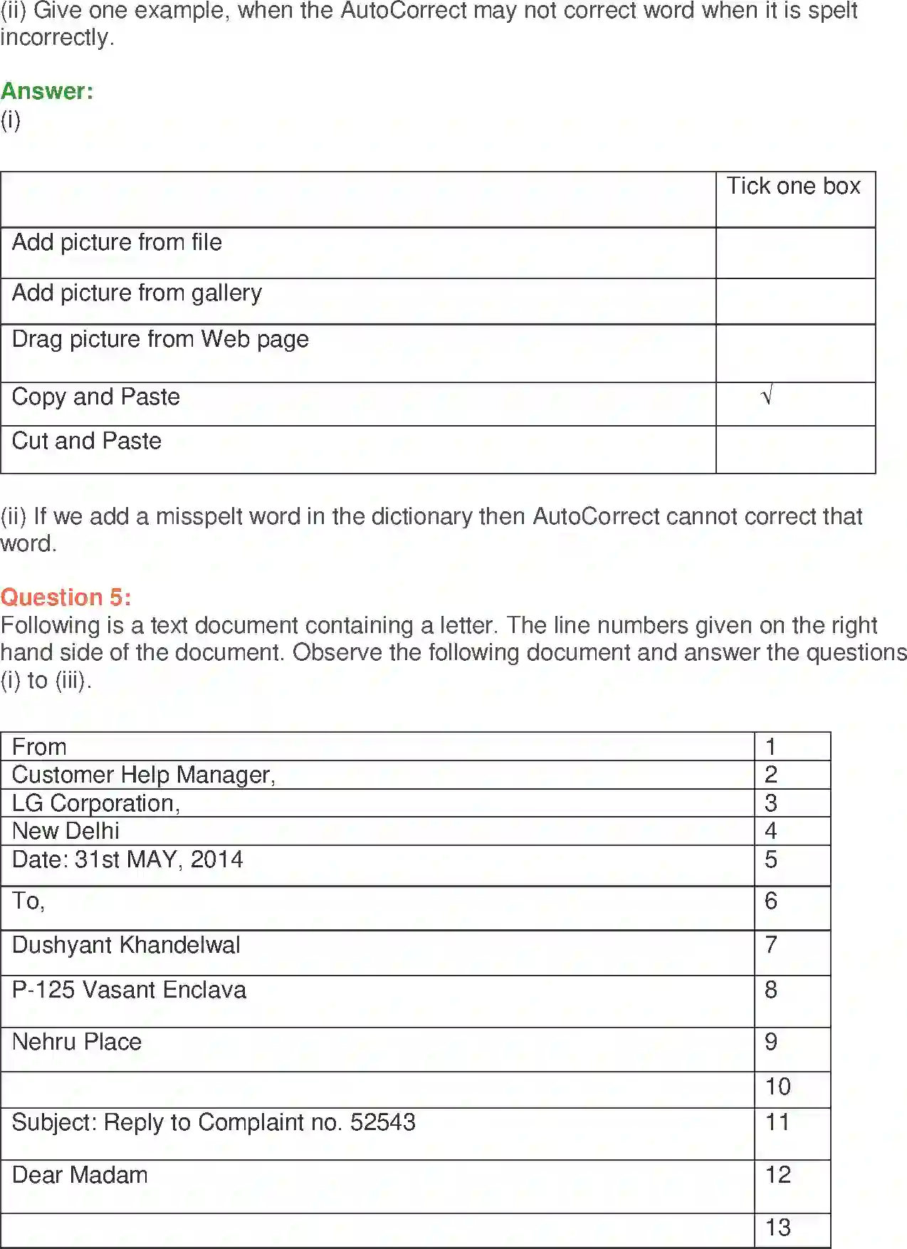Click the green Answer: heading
(47, 92)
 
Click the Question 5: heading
(65, 597)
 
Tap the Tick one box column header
(793, 187)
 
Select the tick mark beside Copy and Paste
(767, 396)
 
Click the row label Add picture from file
(117, 243)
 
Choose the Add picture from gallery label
(137, 293)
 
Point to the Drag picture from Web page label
(160, 340)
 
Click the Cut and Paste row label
(87, 441)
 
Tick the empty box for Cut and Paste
(795, 450)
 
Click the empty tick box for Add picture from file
(795, 254)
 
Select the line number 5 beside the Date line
(771, 860)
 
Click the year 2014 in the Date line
(216, 860)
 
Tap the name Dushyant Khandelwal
(126, 946)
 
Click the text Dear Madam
(80, 1176)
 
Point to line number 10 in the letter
(777, 1087)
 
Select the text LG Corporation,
(96, 804)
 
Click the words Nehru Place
(77, 1042)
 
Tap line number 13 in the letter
(777, 1228)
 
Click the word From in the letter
(39, 748)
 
